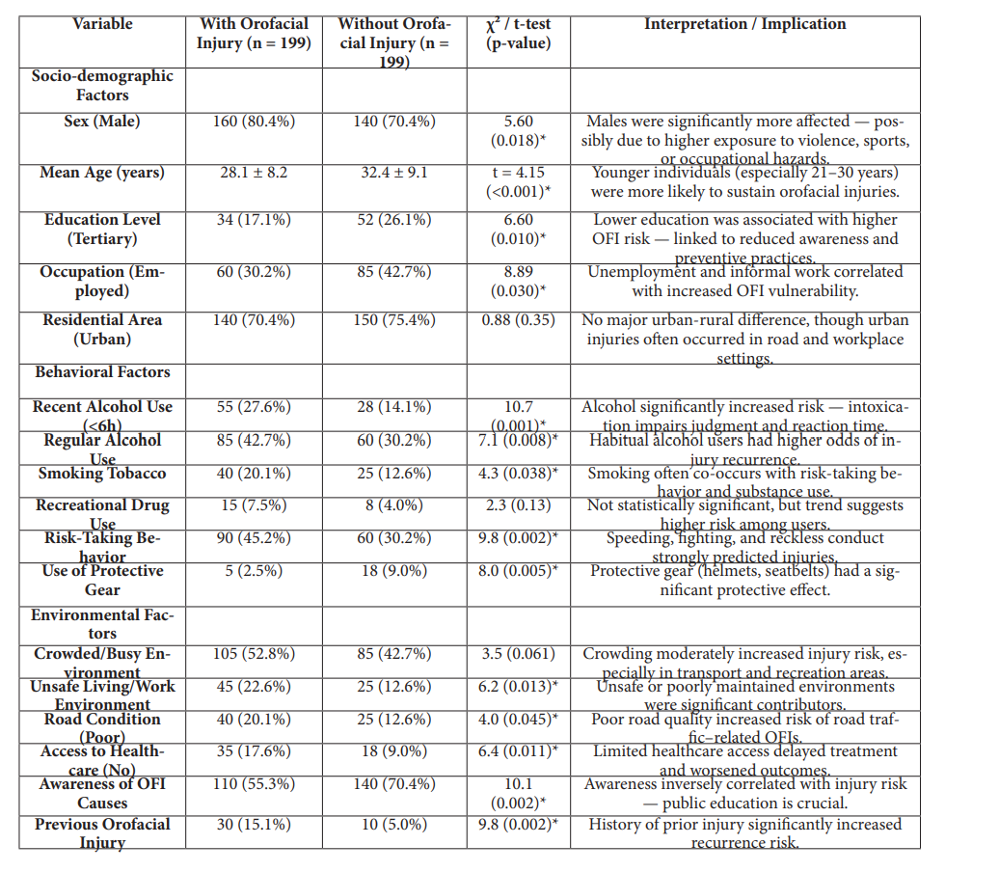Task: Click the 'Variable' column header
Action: click(102, 23)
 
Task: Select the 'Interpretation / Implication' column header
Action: click(744, 24)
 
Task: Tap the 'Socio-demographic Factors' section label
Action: click(102, 85)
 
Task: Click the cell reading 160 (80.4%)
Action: click(254, 122)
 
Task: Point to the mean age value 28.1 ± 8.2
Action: click(254, 174)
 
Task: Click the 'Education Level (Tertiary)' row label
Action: click(102, 230)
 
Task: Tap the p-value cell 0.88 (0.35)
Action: click(519, 320)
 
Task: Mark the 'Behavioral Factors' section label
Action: click(102, 371)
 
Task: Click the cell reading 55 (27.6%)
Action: click(254, 407)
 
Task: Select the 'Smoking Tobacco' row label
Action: click(102, 473)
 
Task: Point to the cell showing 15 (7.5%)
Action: click(254, 505)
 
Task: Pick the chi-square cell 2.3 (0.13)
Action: click(519, 505)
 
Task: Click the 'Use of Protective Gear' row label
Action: click(102, 580)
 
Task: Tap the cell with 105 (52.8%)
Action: click(254, 654)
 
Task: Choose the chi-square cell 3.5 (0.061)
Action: click(519, 654)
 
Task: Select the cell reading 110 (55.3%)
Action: click(254, 784)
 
